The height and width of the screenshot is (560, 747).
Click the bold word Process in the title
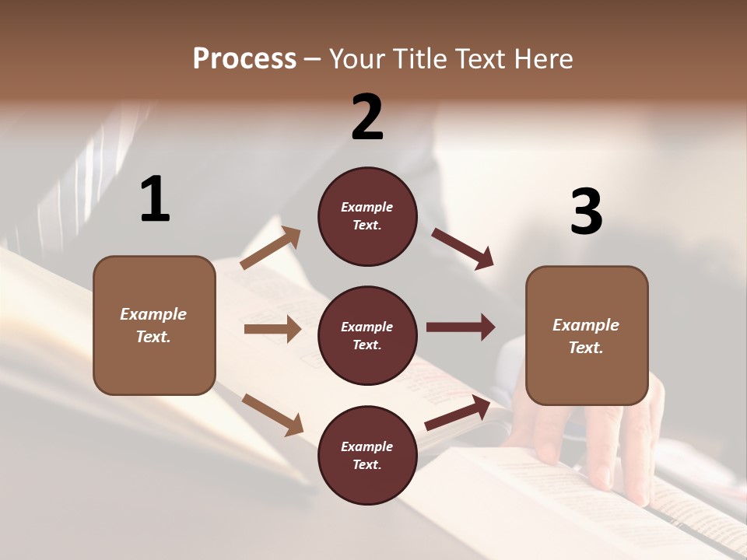pyautogui.click(x=244, y=59)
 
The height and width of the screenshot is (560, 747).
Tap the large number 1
pyautogui.click(x=155, y=199)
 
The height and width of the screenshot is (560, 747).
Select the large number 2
pyautogui.click(x=367, y=117)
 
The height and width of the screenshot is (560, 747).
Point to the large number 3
pyautogui.click(x=586, y=212)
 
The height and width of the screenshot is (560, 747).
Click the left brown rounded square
pyautogui.click(x=154, y=325)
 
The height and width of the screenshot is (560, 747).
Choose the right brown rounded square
pyautogui.click(x=587, y=336)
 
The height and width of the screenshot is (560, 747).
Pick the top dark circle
pyautogui.click(x=367, y=216)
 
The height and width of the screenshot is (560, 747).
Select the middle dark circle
pyautogui.click(x=367, y=336)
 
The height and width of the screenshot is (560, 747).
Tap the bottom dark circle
pyautogui.click(x=367, y=455)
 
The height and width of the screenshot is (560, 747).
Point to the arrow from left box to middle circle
pyautogui.click(x=272, y=329)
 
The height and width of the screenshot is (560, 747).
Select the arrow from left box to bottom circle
pyautogui.click(x=272, y=414)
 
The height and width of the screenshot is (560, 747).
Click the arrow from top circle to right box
pyautogui.click(x=463, y=249)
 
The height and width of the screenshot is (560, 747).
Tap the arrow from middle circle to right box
pyautogui.click(x=461, y=327)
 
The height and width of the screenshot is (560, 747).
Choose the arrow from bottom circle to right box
pyautogui.click(x=458, y=413)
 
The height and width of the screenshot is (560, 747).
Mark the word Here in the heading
pyautogui.click(x=543, y=59)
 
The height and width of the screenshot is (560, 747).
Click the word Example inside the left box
pyautogui.click(x=153, y=314)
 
